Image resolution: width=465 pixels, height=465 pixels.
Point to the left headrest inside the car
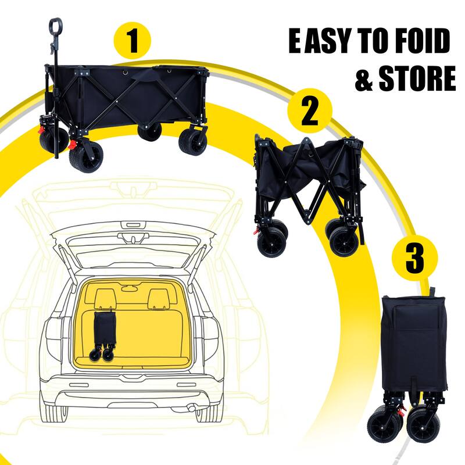105,298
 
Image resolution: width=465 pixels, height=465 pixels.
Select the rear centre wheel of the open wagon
150,131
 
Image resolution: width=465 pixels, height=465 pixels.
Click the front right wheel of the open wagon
192,143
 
